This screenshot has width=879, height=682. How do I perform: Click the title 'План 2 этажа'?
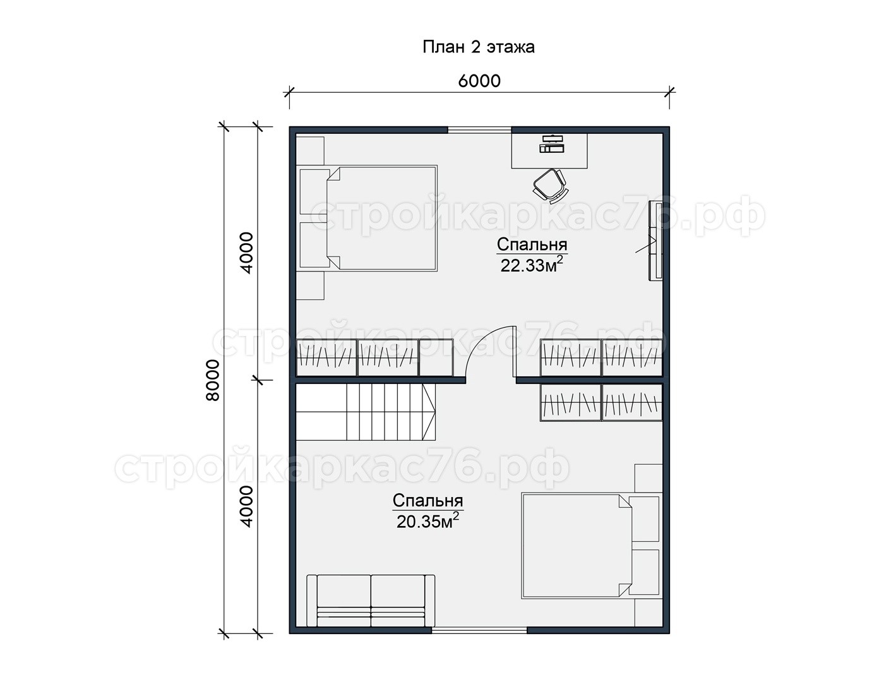[x=479, y=47]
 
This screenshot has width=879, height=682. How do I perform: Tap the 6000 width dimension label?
[x=479, y=81]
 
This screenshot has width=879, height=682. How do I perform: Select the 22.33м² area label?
[x=532, y=265]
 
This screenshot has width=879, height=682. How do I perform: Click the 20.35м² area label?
[x=428, y=521]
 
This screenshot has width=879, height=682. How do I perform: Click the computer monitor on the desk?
[x=552, y=143]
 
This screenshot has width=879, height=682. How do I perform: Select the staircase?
[x=366, y=412]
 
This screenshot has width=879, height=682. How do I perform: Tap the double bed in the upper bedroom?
[x=369, y=218]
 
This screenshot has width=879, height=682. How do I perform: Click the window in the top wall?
[x=480, y=130]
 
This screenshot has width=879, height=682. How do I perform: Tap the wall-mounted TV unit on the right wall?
[x=655, y=240]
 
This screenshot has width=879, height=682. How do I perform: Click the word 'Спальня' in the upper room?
[x=532, y=245]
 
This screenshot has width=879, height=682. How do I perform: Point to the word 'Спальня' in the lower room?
[x=428, y=501]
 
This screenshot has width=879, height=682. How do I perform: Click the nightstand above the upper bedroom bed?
[x=310, y=150]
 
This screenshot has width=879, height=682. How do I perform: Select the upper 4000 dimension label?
[x=246, y=253]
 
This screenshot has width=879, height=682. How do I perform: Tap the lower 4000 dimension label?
[x=246, y=506]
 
